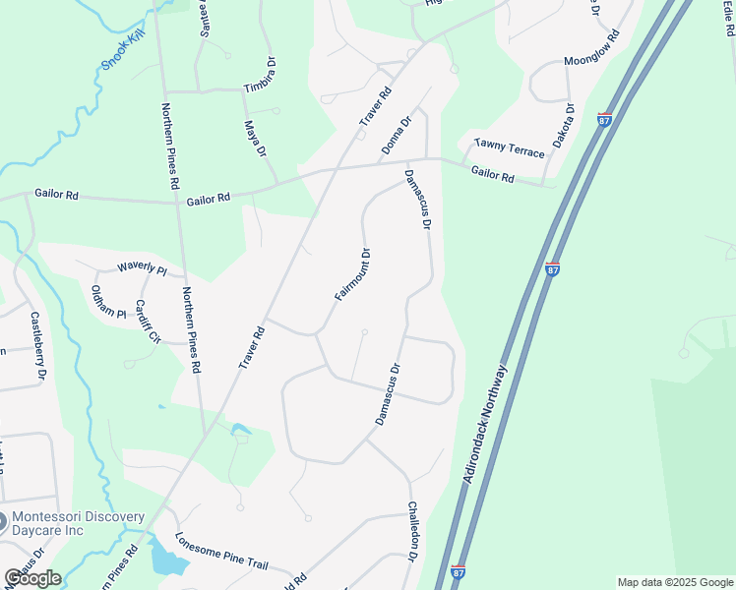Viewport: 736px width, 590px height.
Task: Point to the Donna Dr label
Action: click(397, 137)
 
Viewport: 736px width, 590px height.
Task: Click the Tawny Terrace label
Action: click(509, 148)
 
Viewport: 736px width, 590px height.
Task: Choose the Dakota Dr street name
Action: click(563, 124)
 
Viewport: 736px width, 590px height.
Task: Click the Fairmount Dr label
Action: click(352, 273)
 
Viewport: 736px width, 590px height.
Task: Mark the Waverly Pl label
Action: click(143, 267)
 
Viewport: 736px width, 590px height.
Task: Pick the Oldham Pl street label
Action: click(108, 301)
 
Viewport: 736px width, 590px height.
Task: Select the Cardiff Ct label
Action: click(148, 320)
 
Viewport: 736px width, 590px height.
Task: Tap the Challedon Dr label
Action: click(413, 532)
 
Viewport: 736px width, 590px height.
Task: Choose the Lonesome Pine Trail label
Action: click(221, 552)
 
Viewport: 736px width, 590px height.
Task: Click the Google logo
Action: click(32, 578)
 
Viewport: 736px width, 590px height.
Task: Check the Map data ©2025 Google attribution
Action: click(674, 582)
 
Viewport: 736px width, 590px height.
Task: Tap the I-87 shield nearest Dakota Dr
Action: click(604, 119)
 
